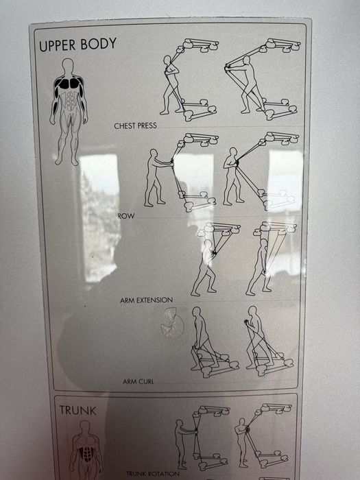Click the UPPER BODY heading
click(x=77, y=45)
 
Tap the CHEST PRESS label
click(x=135, y=126)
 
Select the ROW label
click(x=125, y=215)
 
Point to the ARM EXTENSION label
click(x=146, y=300)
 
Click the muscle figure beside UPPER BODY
click(x=68, y=110)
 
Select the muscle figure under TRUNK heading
click(x=86, y=449)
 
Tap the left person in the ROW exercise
click(x=154, y=176)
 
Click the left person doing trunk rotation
click(x=181, y=442)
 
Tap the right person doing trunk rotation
click(x=241, y=442)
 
